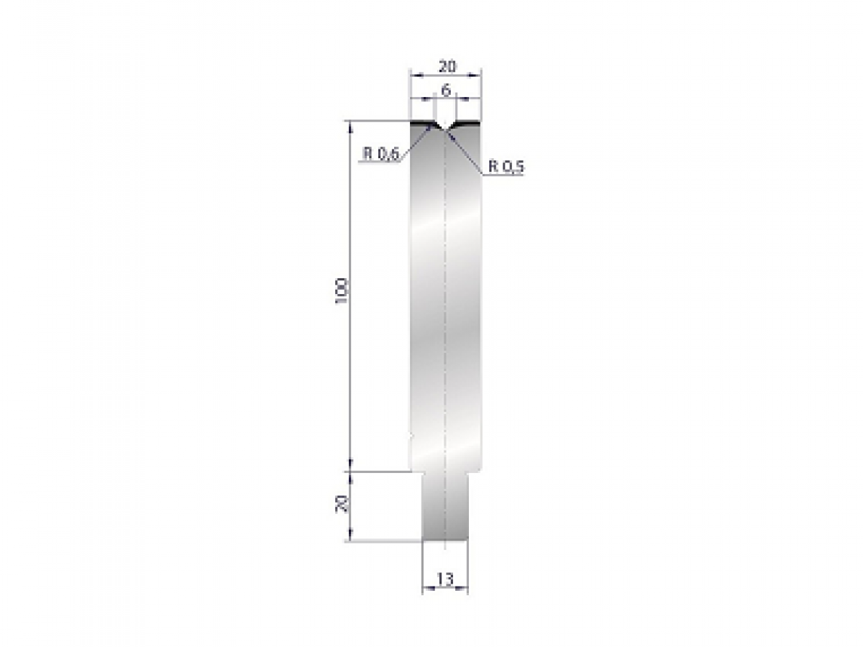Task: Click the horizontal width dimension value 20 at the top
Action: click(446, 66)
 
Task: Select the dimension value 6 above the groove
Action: click(446, 91)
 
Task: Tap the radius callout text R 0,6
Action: click(380, 154)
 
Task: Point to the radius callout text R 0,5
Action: click(507, 167)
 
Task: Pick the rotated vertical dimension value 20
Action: click(342, 503)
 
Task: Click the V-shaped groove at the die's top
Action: click(445, 127)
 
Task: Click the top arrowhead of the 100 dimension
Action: click(351, 125)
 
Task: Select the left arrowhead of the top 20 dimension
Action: click(414, 73)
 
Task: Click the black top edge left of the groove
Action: click(421, 124)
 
